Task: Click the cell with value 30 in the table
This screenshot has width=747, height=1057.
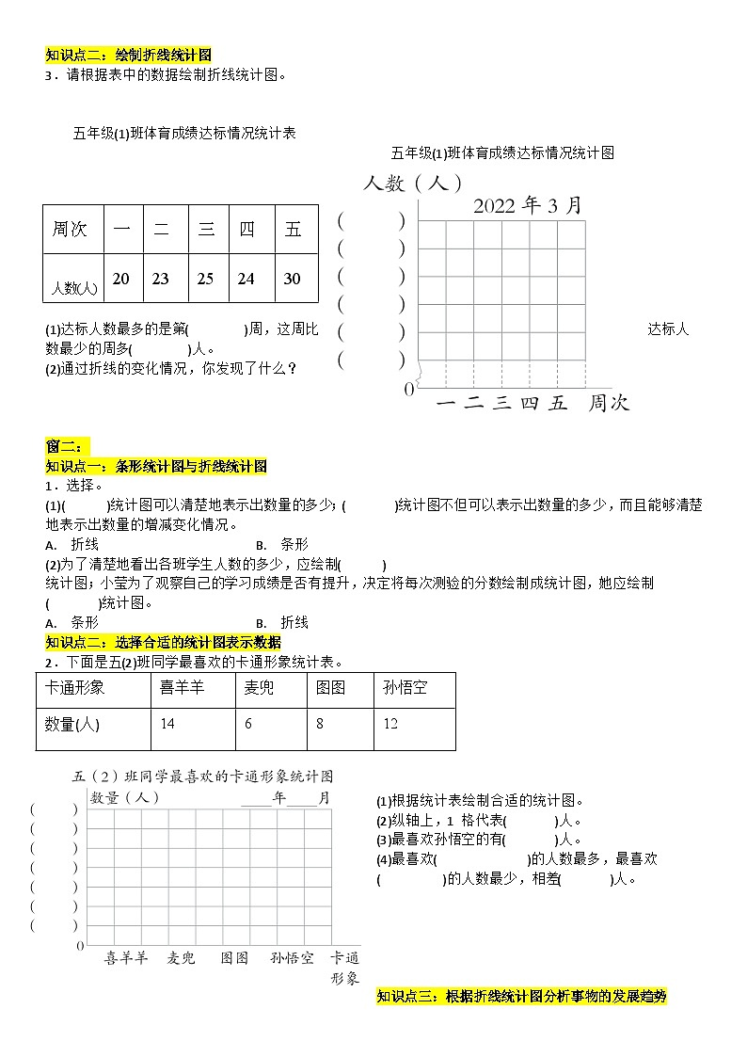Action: [x=292, y=279]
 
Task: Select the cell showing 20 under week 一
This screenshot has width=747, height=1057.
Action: [x=121, y=279]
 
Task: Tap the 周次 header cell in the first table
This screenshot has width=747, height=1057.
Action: [x=72, y=230]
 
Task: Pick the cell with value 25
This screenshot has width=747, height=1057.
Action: [x=205, y=279]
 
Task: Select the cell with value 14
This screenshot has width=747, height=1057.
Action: [x=168, y=724]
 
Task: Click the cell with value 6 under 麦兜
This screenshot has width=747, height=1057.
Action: [x=248, y=724]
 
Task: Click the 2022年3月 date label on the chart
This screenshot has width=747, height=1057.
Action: [x=527, y=205]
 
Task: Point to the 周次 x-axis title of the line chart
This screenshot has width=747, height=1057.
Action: [x=609, y=404]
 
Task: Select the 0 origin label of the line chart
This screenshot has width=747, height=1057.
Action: [x=408, y=389]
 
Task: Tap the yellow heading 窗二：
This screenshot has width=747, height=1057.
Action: [x=65, y=446]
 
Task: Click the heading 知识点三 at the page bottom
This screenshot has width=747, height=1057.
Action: [x=521, y=996]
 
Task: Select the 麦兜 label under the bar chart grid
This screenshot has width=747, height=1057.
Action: [x=182, y=958]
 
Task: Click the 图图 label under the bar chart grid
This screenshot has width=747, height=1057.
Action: [x=234, y=958]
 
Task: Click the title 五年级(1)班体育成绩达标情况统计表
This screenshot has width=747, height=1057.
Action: [x=184, y=133]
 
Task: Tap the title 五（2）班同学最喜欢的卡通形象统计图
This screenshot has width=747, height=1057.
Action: [x=202, y=777]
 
